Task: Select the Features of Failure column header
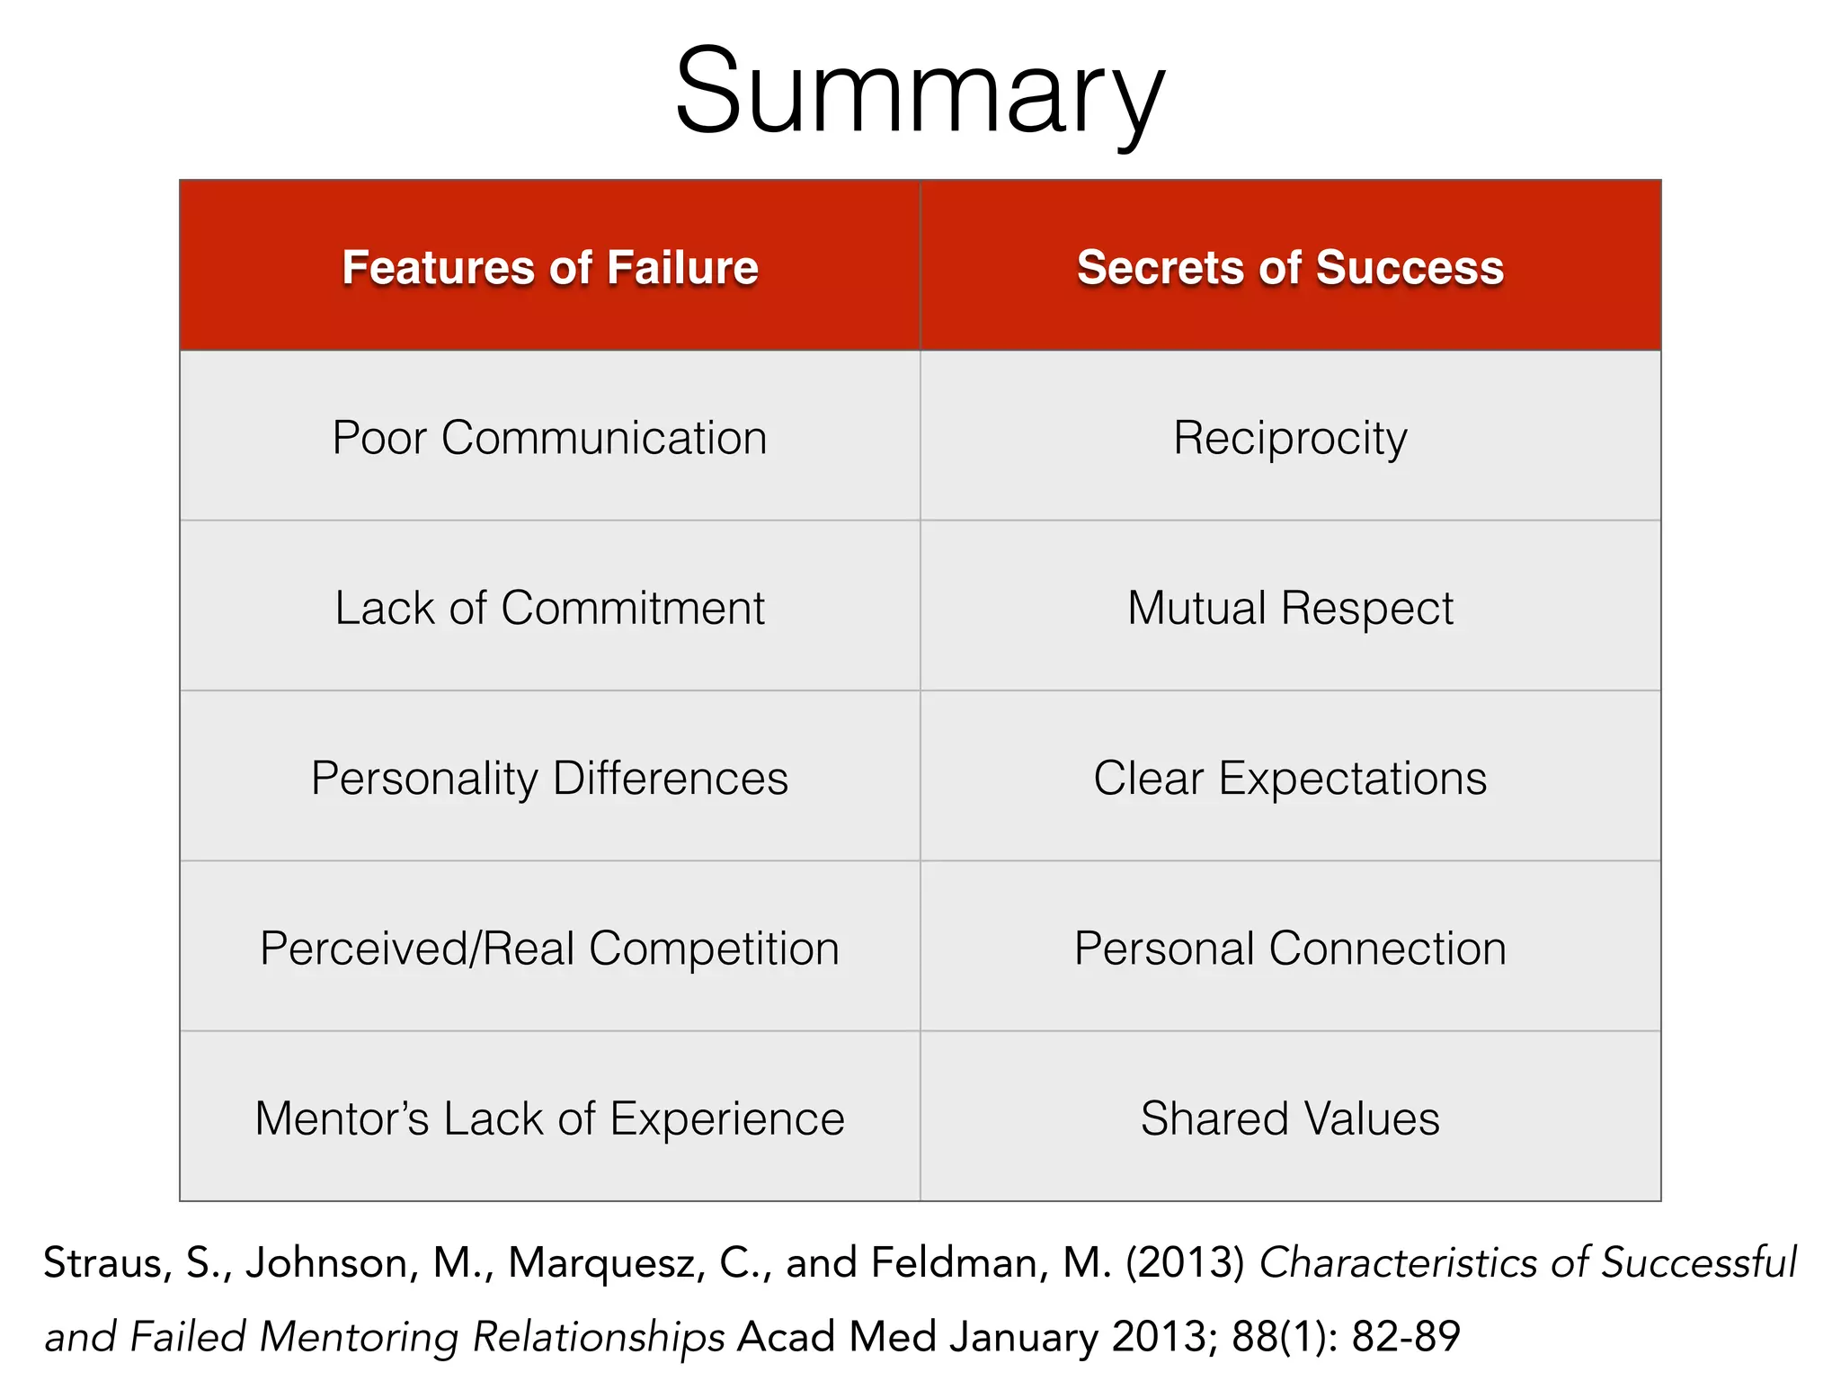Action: [x=550, y=267]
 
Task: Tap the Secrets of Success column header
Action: [x=1290, y=267]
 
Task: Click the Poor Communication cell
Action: [x=550, y=438]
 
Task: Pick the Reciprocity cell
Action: [x=1290, y=438]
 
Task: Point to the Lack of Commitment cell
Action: [x=550, y=608]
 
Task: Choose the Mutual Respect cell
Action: [x=1290, y=608]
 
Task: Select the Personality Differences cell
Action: [x=550, y=778]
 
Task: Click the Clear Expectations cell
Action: [x=1290, y=778]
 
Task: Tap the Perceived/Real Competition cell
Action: [x=550, y=949]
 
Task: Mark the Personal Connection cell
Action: [x=1290, y=949]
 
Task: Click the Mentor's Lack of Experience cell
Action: [x=550, y=1118]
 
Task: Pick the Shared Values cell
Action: [x=1290, y=1118]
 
